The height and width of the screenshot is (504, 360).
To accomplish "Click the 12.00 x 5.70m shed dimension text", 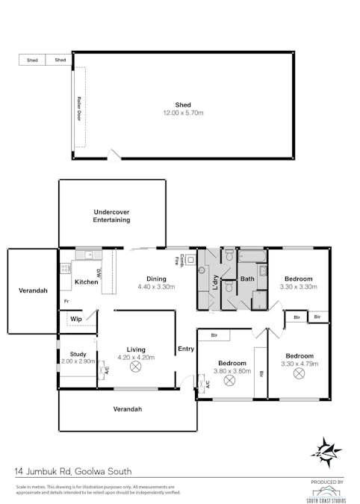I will click(183, 113).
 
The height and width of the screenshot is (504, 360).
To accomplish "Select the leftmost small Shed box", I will click(32, 60).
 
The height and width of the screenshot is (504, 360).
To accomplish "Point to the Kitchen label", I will click(87, 281).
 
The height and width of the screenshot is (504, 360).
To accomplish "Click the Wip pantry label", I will click(75, 319).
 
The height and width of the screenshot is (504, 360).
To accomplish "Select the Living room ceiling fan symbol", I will click(136, 367).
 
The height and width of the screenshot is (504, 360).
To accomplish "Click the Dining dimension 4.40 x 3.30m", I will click(156, 287).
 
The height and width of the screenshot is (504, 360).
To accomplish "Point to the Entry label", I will click(185, 349).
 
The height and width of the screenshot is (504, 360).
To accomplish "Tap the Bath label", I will click(246, 279).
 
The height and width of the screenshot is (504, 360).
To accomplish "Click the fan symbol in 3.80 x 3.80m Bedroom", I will click(229, 381).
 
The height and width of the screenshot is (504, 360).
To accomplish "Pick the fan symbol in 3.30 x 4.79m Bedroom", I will click(299, 373).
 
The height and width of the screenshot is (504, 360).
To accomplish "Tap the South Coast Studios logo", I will click(327, 491).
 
